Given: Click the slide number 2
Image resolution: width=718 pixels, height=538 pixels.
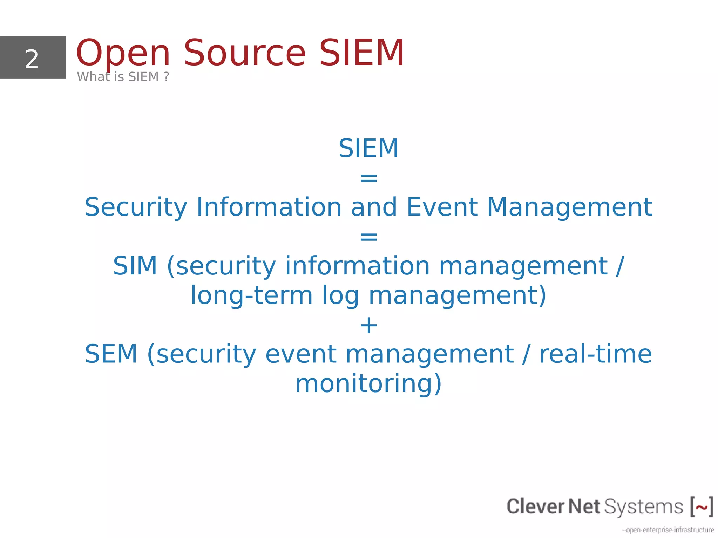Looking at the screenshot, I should click(x=32, y=59).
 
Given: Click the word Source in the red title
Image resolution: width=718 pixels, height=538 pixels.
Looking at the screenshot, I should click(x=245, y=53).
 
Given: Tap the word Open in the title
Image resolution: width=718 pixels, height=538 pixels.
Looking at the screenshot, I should click(x=123, y=53).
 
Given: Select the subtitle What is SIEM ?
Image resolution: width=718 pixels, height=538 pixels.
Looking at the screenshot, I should click(x=123, y=77).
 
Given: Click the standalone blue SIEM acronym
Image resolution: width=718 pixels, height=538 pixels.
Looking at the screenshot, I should click(x=368, y=148).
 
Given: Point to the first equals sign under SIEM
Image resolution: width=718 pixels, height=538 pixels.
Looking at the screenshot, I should click(x=368, y=178).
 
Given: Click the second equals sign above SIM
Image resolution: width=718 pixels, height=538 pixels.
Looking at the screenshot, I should click(x=368, y=237).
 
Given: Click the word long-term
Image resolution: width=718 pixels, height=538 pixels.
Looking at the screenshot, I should click(x=251, y=295).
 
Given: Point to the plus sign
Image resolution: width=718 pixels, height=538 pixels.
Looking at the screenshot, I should click(x=368, y=325).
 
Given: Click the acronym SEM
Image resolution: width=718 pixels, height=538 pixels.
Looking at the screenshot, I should click(x=111, y=354).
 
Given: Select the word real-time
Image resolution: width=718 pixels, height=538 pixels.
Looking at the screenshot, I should click(x=595, y=354).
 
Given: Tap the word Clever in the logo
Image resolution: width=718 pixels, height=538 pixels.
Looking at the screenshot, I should click(x=536, y=506).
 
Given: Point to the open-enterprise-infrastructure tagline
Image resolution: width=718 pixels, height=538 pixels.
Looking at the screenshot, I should click(x=668, y=530).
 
